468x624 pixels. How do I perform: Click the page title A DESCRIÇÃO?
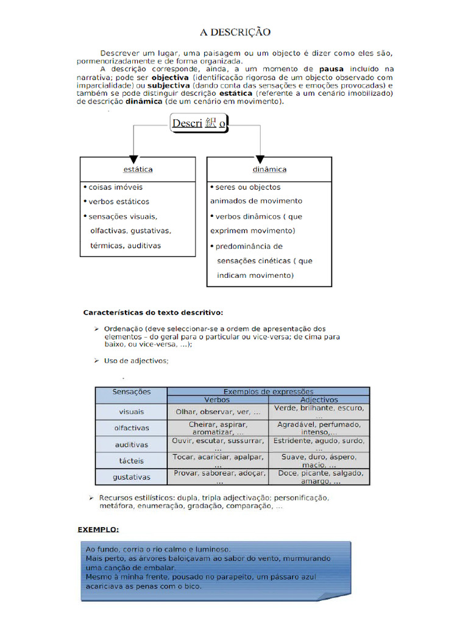(235, 32)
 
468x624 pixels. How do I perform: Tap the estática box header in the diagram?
(138, 169)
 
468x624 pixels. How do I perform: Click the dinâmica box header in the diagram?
(269, 169)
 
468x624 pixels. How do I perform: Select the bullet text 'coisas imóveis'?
(115, 187)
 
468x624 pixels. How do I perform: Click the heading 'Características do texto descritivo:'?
(153, 312)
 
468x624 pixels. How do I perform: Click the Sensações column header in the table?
(131, 392)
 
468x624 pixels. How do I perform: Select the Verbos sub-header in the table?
(217, 400)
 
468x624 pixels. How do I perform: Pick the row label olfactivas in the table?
(131, 428)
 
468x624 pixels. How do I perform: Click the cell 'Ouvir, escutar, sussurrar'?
(218, 441)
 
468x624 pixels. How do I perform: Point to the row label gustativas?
(131, 477)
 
